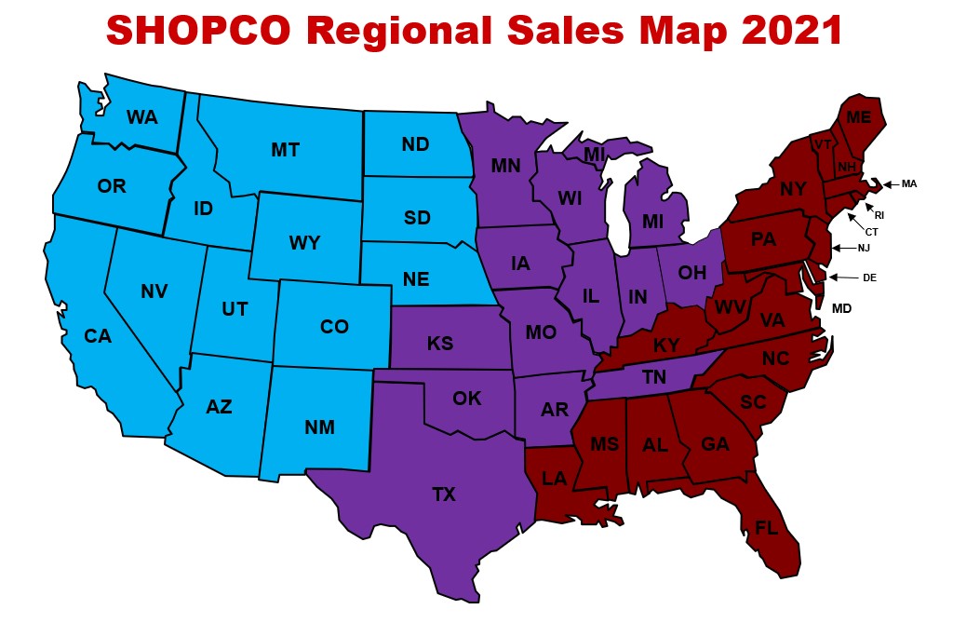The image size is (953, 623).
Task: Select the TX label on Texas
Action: tap(444, 494)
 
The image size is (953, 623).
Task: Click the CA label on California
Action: tap(98, 335)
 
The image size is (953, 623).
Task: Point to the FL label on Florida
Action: tap(766, 528)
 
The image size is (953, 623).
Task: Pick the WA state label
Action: tap(141, 117)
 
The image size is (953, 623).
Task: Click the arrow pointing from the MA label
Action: tap(889, 184)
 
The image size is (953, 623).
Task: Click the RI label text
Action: tap(879, 214)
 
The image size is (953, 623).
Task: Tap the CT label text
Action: tap(872, 231)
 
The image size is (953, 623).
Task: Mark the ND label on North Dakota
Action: tap(414, 144)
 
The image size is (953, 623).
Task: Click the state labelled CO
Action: tap(334, 327)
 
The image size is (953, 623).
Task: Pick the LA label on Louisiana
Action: tap(555, 479)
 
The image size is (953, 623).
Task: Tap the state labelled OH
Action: tap(691, 273)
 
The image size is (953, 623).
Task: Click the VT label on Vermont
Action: tap(822, 145)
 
